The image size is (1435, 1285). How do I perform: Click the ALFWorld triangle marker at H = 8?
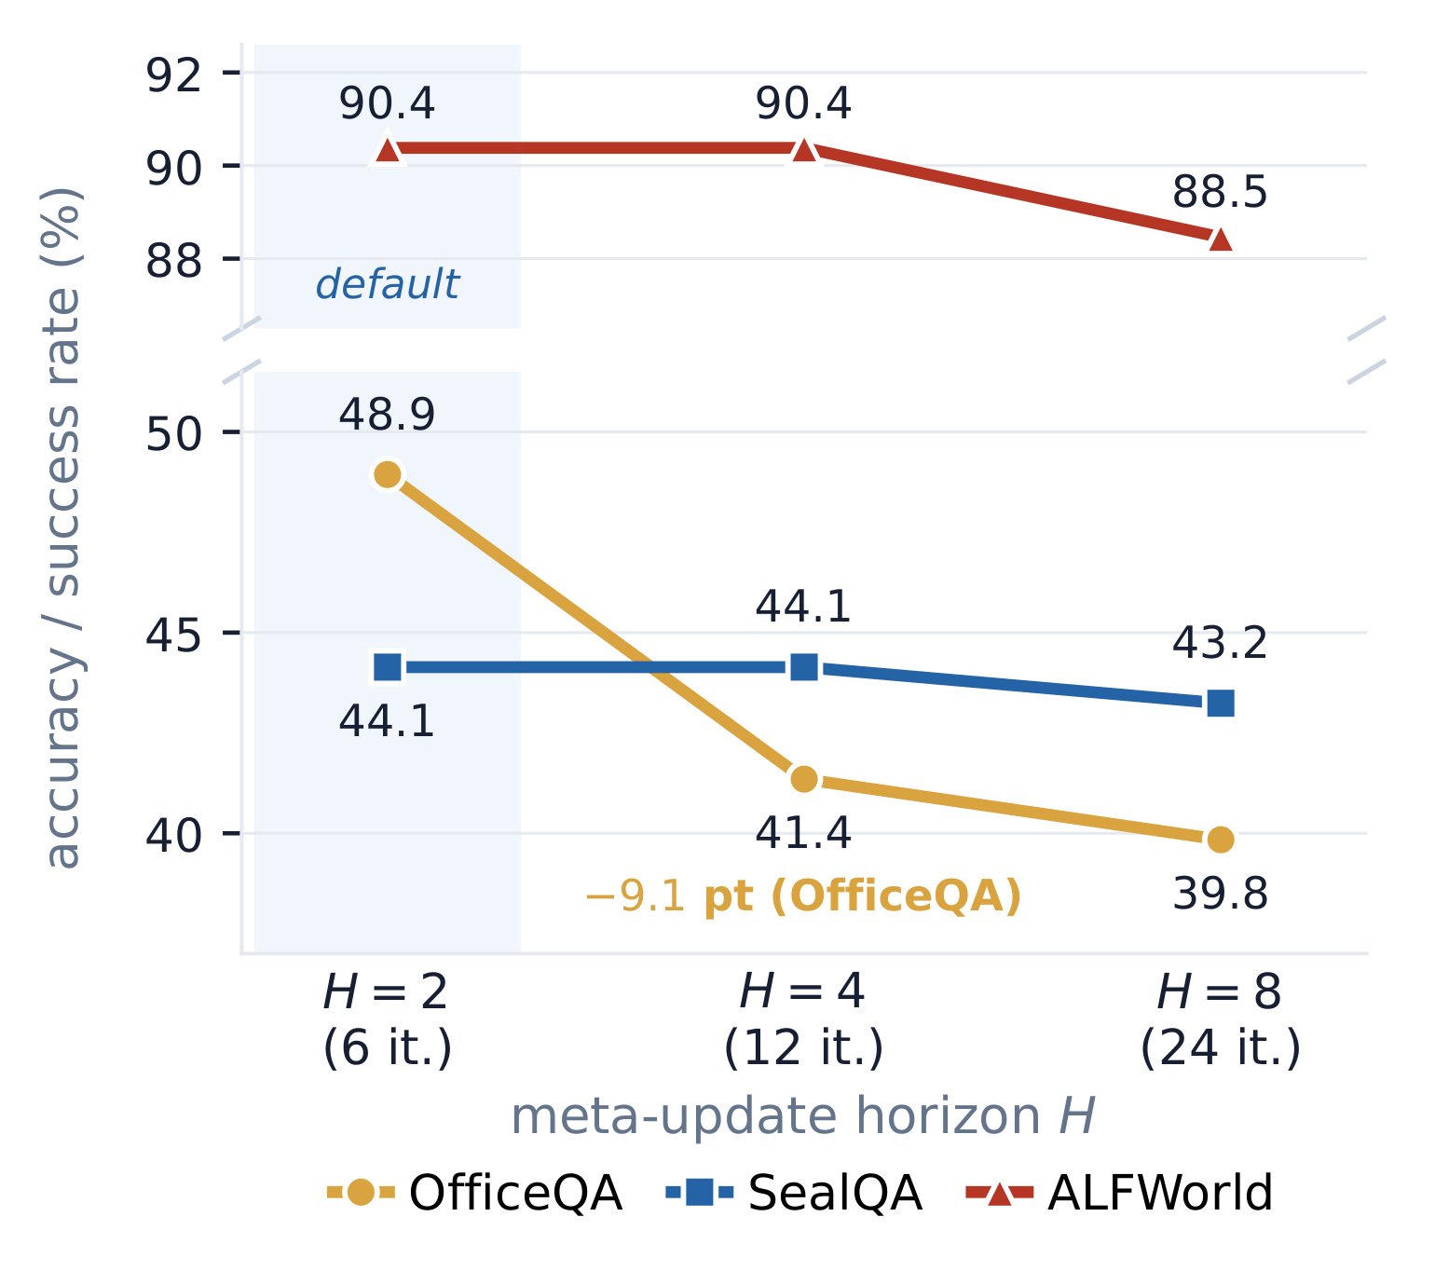point(1220,239)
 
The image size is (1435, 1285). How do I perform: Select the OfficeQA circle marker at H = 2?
point(388,474)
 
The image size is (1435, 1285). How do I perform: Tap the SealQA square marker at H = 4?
point(804,666)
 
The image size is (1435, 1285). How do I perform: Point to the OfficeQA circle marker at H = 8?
point(1220,840)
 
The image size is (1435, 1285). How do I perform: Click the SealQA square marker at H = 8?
point(1220,704)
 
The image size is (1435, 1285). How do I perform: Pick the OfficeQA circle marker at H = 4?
point(804,779)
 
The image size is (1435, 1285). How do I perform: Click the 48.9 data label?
point(387,415)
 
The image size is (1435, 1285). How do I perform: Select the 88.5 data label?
point(1220,192)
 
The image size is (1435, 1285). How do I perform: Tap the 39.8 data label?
point(1220,894)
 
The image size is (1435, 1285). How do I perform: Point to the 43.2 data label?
point(1220,643)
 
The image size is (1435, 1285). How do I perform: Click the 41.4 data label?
point(803,832)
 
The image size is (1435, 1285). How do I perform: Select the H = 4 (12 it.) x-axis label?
point(803,1019)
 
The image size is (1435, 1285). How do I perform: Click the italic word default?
point(388,284)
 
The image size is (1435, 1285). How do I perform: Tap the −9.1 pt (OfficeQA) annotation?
point(803,896)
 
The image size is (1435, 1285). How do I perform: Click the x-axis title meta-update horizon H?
point(803,1117)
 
